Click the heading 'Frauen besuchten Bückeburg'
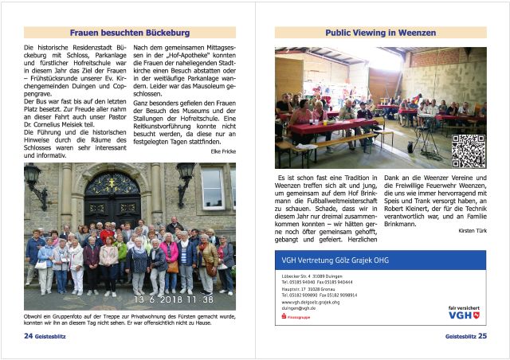129,33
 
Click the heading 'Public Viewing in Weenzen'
380,33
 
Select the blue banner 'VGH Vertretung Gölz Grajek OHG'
380,260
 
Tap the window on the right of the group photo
213,186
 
